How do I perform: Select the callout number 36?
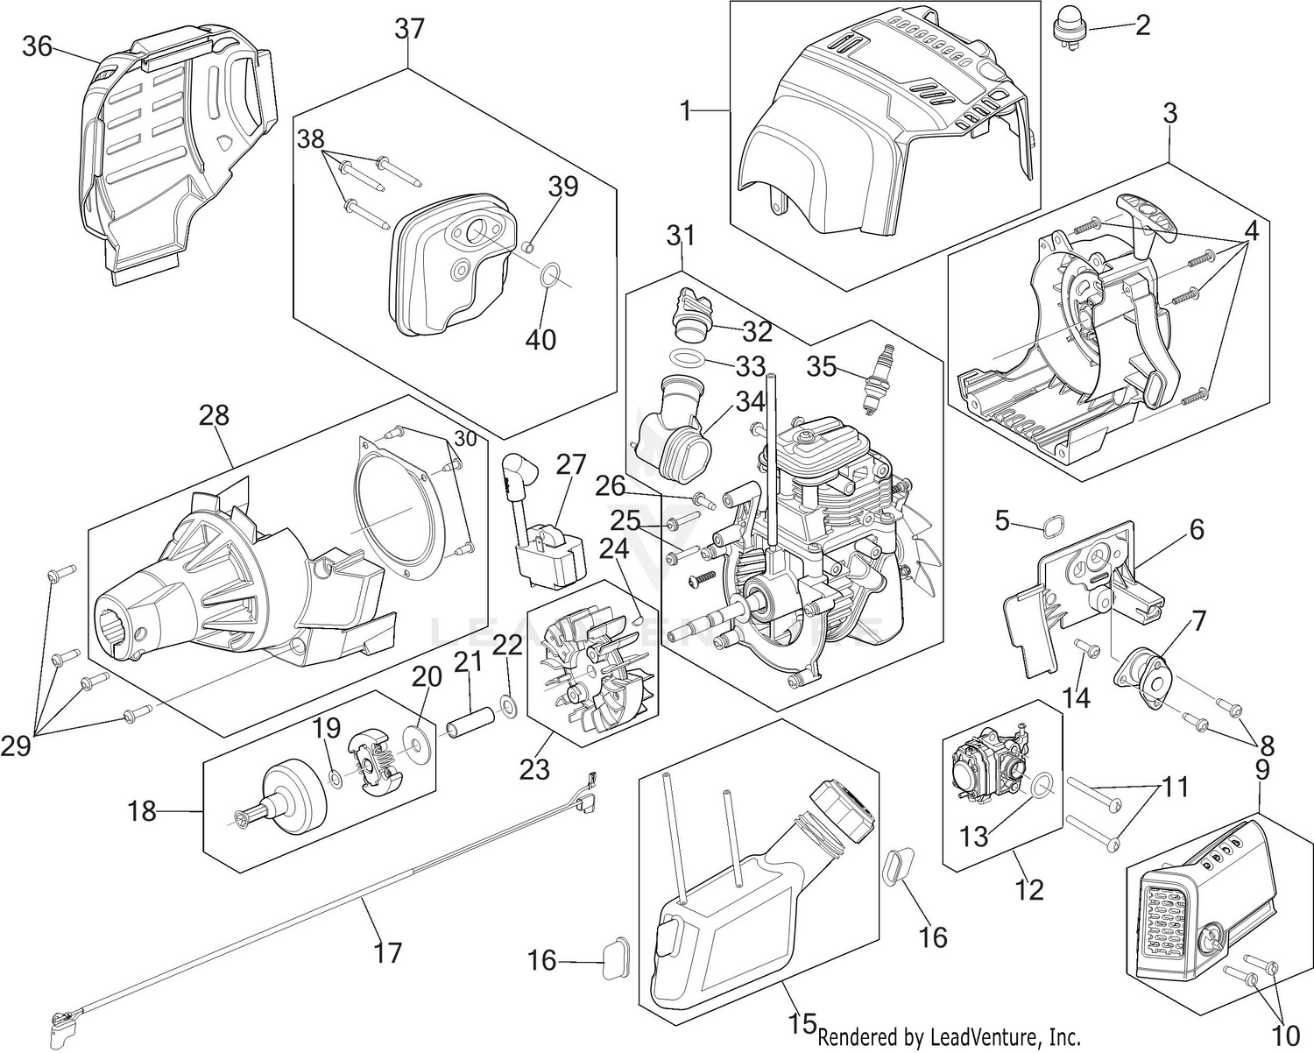tap(38, 46)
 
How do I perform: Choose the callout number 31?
tap(681, 235)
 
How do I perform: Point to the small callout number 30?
tap(466, 439)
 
